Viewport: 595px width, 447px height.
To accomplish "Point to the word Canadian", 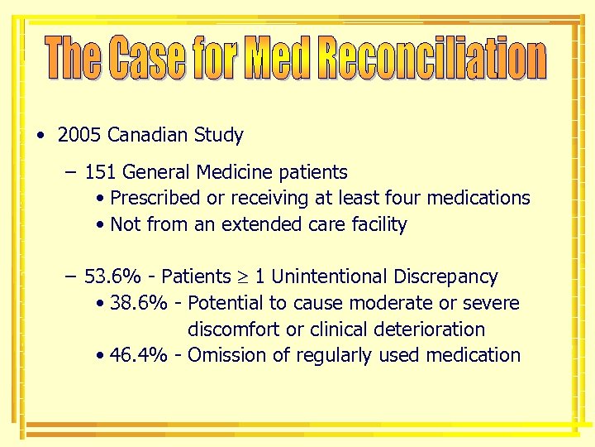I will pyautogui.click(x=146, y=135).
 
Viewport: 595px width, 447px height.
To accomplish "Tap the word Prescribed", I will pyautogui.click(x=155, y=198).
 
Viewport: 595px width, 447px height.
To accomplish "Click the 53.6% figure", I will pyautogui.click(x=111, y=276).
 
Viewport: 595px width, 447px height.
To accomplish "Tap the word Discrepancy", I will pyautogui.click(x=446, y=276).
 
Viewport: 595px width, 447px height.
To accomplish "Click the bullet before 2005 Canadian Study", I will pyautogui.click(x=40, y=136).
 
